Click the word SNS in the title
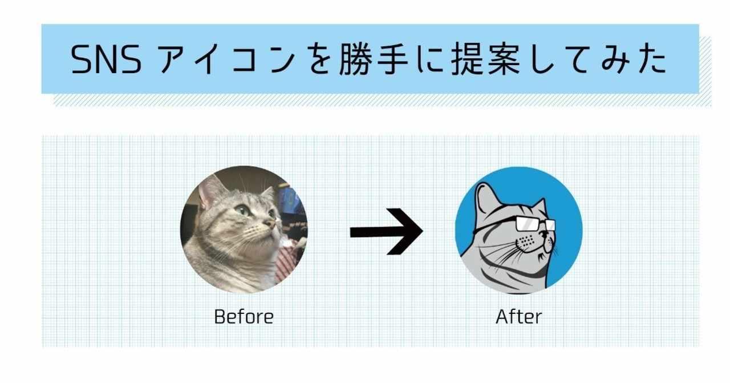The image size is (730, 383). (106, 59)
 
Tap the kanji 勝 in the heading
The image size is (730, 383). (356, 59)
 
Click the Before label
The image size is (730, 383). (244, 317)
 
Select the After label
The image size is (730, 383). (519, 317)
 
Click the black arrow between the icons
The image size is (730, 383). (387, 231)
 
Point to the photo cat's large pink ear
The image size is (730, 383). (210, 192)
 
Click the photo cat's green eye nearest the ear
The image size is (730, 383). (244, 210)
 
